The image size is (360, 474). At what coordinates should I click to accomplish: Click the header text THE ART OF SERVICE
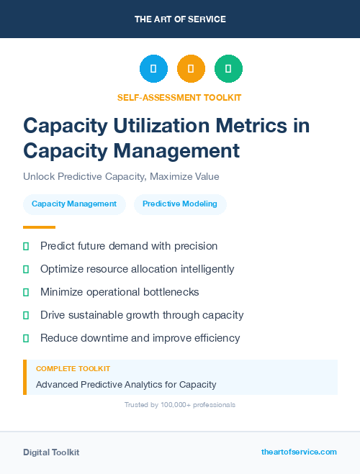(180, 19)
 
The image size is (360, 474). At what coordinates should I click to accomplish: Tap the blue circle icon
(153, 69)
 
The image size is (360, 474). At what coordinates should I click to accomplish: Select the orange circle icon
(191, 69)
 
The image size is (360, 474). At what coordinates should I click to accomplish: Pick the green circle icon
(228, 69)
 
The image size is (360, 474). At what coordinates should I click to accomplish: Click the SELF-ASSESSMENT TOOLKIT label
(179, 97)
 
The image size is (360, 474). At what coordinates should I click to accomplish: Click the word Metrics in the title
(258, 125)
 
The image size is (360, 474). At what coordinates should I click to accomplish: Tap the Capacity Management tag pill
(74, 204)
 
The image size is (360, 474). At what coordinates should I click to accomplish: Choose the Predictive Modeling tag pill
(180, 204)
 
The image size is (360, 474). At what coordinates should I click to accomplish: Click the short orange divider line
(39, 227)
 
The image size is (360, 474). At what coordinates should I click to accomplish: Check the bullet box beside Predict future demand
(26, 247)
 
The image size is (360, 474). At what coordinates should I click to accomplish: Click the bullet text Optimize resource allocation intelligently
(137, 269)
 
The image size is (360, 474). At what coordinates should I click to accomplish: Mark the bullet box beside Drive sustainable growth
(26, 315)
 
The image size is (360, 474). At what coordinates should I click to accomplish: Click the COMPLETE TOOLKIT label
(73, 368)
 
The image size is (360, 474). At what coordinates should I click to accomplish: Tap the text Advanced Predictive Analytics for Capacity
(126, 385)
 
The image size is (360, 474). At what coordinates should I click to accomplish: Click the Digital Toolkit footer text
(51, 452)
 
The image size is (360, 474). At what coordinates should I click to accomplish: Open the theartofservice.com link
(299, 452)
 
